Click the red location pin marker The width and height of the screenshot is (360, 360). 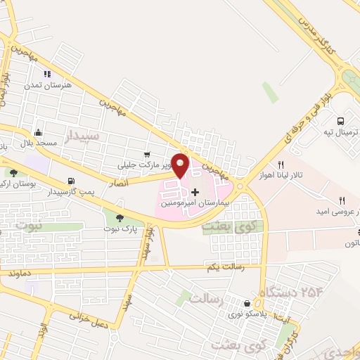coord(181,165)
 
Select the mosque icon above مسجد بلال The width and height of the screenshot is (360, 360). coord(39,132)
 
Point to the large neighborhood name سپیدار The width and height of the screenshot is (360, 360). coord(83,134)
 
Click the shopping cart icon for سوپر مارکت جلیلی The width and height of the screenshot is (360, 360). coord(146,154)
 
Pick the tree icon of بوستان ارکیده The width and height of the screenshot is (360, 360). coord(13,173)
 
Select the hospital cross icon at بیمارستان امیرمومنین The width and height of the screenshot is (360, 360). coord(195,192)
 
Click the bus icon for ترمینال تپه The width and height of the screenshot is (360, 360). coord(340,120)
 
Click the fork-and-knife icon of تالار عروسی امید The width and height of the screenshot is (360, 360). coord(342,200)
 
